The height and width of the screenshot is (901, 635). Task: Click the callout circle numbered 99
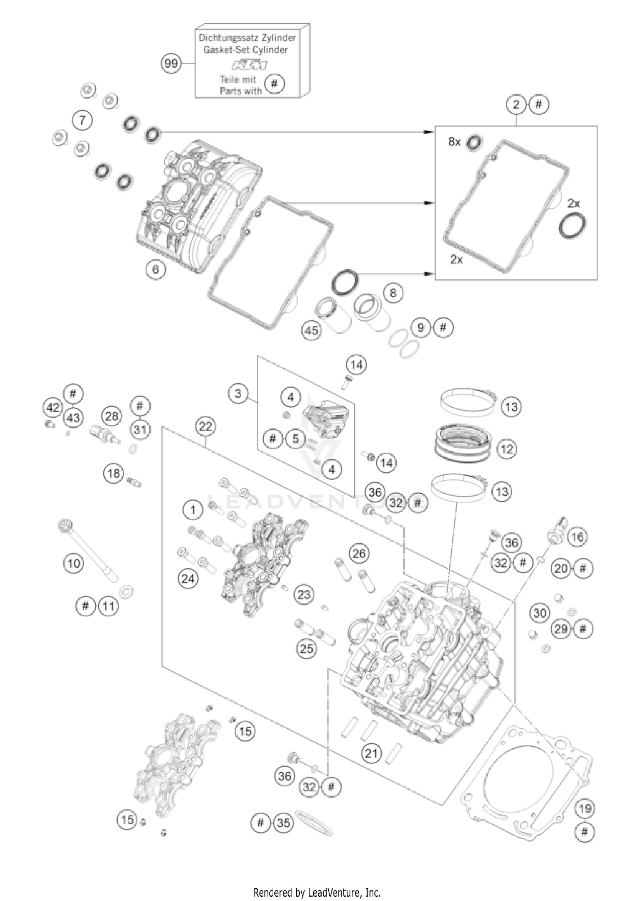coord(171,64)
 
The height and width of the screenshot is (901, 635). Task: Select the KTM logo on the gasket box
coord(249,65)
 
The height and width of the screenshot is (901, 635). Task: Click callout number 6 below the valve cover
coord(156,269)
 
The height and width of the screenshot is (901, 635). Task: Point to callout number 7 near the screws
coord(82,120)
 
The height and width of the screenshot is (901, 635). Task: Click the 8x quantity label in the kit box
coord(454,142)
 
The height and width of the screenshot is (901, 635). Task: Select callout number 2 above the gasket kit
coord(516,105)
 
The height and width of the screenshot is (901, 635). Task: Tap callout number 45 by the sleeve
coord(311,330)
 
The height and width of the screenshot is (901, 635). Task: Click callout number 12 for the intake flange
coord(507,449)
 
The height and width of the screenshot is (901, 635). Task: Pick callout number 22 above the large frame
coord(205,426)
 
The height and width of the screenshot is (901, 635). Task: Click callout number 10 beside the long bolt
coord(74,563)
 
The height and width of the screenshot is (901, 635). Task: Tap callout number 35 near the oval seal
coord(283,823)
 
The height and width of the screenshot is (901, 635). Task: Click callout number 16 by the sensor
coord(577,537)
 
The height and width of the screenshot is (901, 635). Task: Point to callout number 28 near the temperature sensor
coord(111,416)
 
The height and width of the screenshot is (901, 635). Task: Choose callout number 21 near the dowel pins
coord(371,753)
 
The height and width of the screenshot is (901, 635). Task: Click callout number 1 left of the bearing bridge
coord(193,509)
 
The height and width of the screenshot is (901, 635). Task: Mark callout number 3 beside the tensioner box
coord(238,393)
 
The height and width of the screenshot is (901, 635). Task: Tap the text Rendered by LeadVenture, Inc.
coord(317,893)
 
